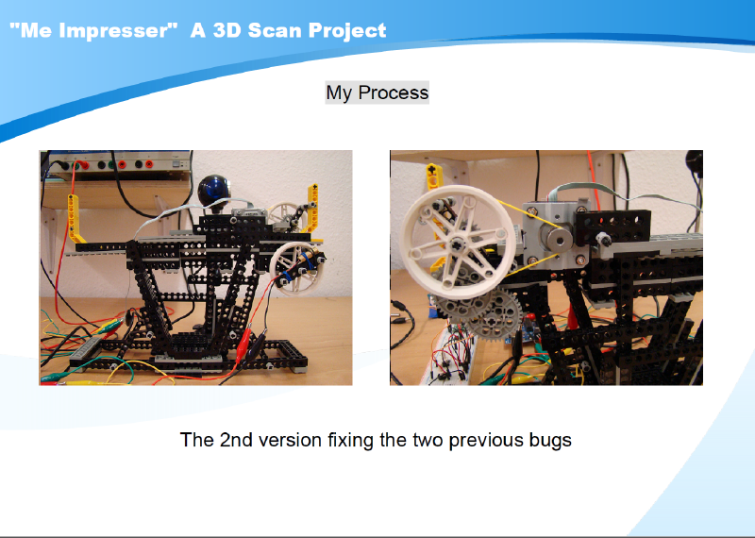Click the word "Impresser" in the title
pyautogui.click(x=114, y=30)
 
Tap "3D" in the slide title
pyautogui.click(x=226, y=30)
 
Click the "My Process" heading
pyautogui.click(x=377, y=92)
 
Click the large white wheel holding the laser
pyautogui.click(x=294, y=268)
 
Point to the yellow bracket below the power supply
pyautogui.click(x=75, y=220)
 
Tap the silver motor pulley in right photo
pyautogui.click(x=556, y=237)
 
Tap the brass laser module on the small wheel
pyautogui.click(x=308, y=259)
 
